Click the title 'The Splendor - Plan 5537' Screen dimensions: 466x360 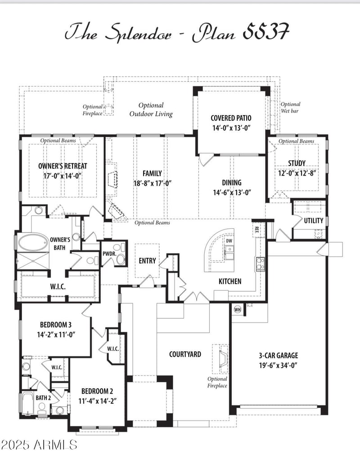pos(176,32)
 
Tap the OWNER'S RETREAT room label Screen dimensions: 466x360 pos(63,166)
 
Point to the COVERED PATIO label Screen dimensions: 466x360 pos(231,118)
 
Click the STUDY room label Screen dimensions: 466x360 pos(297,163)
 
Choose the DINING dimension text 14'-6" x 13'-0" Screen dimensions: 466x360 pos(231,192)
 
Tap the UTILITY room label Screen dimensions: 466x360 pos(313,221)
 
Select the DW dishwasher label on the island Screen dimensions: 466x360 pos(229,241)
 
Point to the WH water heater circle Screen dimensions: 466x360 pos(237,309)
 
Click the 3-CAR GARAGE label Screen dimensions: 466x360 pos(278,355)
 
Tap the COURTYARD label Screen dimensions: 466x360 pos(185,354)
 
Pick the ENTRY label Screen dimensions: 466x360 pos(147,261)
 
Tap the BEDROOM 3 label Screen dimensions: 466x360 pos(56,325)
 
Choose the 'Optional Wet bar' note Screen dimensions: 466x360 pos(290,107)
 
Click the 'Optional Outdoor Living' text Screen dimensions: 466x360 pos(151,109)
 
